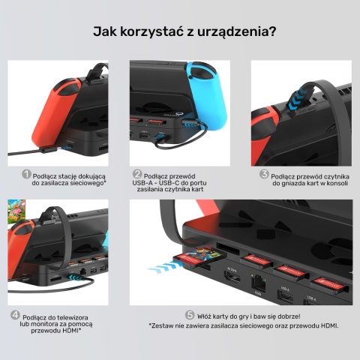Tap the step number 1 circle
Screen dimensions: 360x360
[26, 174]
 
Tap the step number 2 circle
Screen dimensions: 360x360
[137, 174]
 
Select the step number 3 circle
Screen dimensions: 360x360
[265, 174]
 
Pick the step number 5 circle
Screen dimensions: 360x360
[190, 315]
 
